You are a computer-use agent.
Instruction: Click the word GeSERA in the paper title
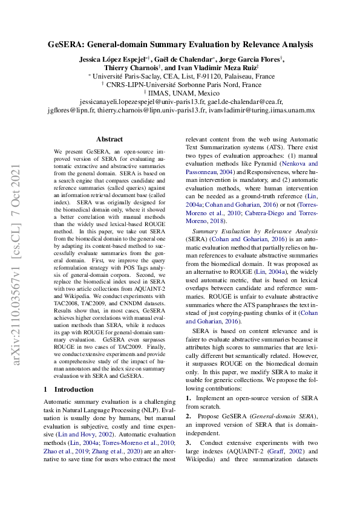(67, 45)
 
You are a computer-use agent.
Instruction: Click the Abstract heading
(109, 139)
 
